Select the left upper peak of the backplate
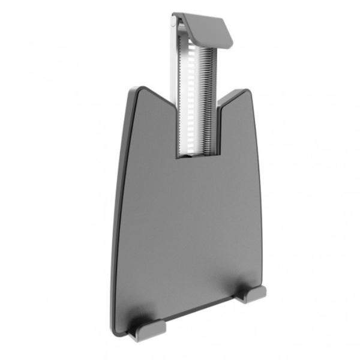coord(140,89)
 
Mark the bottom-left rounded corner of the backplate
coord(115,329)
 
